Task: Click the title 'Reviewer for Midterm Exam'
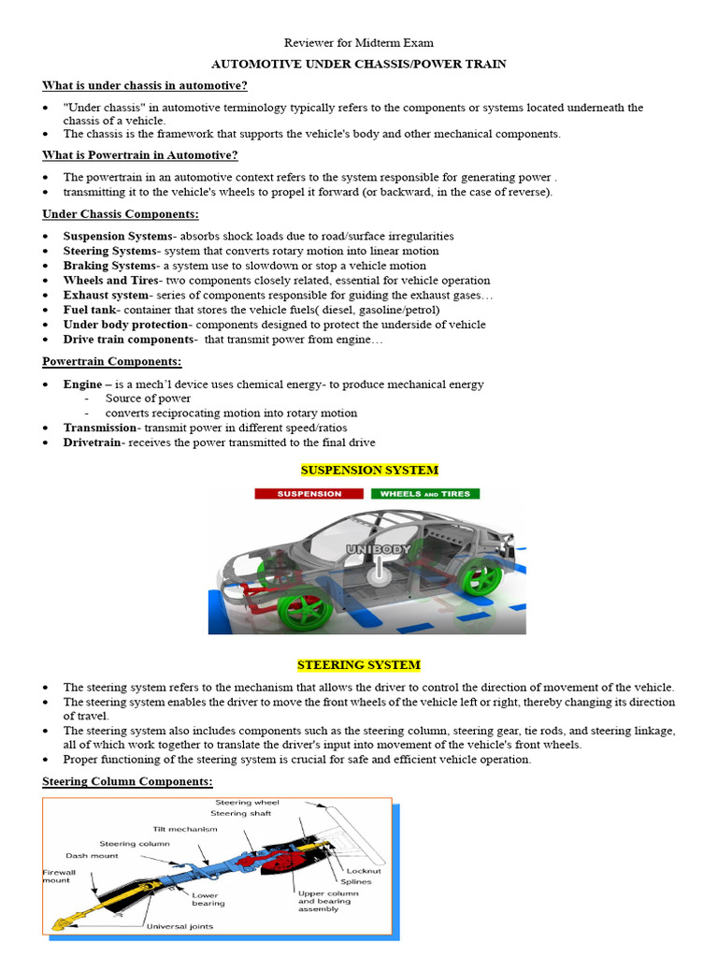[x=359, y=42]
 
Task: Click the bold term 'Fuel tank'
[x=89, y=310]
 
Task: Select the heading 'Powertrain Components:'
[x=112, y=361]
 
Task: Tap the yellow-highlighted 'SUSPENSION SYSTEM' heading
[x=369, y=470]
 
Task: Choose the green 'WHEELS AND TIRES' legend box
[x=425, y=493]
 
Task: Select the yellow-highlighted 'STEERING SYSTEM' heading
[x=359, y=665]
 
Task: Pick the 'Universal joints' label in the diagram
[x=179, y=926]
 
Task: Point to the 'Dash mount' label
[x=93, y=855]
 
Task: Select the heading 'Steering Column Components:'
[x=127, y=781]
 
